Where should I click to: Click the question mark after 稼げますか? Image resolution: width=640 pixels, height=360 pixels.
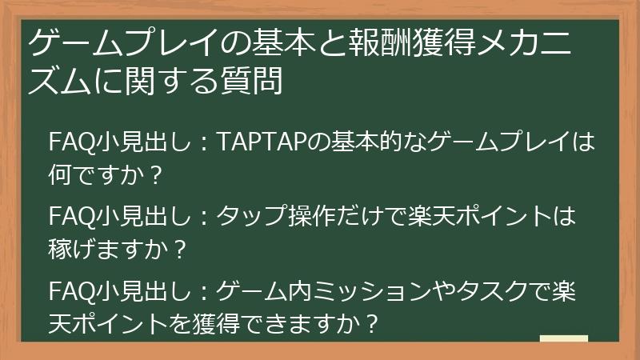(x=179, y=246)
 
